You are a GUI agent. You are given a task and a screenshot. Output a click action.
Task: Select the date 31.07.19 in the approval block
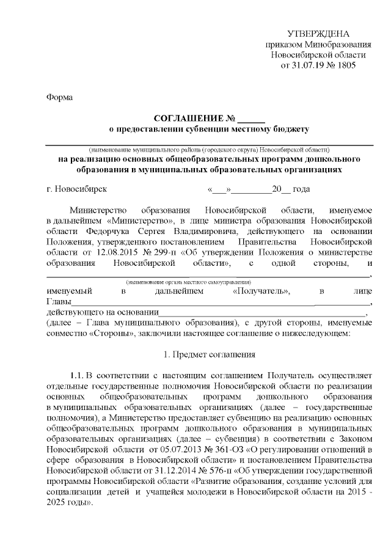coord(307,64)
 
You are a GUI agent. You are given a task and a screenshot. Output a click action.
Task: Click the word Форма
coord(59,97)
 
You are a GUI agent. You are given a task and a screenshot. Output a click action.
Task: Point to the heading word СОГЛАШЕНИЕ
coord(188,118)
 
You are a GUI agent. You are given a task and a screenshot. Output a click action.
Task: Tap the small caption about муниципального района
coord(210,149)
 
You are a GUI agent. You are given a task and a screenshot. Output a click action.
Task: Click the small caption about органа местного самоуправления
coord(189,282)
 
